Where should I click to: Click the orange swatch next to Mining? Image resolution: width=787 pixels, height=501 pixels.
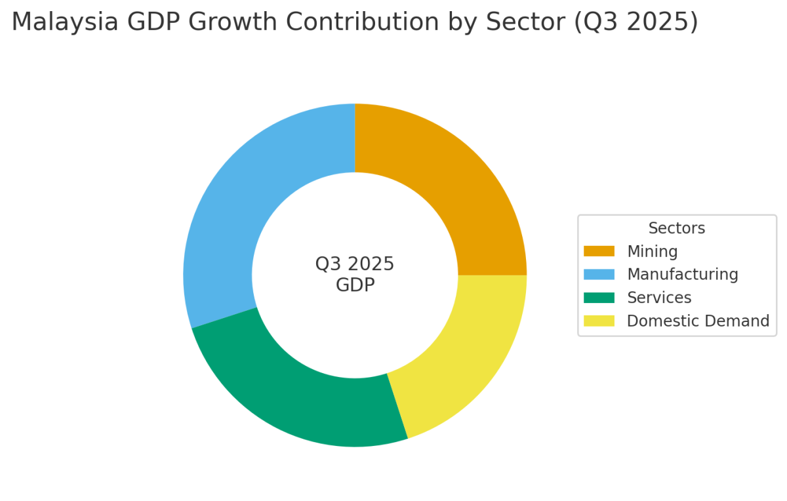(x=599, y=251)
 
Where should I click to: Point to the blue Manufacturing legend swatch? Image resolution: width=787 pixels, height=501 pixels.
(x=599, y=275)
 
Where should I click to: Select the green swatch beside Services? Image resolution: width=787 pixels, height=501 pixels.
(x=599, y=298)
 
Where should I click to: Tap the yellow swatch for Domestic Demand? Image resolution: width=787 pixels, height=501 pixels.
(x=599, y=321)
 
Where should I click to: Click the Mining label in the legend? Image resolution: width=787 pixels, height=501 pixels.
(x=652, y=252)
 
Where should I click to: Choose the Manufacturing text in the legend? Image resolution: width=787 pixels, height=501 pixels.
(x=682, y=275)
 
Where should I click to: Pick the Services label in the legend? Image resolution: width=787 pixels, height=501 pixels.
(x=658, y=298)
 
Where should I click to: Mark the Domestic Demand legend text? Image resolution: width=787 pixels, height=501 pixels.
(x=698, y=321)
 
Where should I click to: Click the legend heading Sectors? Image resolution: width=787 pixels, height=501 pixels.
(x=676, y=229)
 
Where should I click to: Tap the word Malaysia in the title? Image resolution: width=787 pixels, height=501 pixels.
(x=65, y=22)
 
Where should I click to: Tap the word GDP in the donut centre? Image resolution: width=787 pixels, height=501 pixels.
(x=355, y=286)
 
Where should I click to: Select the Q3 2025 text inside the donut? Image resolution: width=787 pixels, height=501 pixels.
(x=355, y=264)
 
